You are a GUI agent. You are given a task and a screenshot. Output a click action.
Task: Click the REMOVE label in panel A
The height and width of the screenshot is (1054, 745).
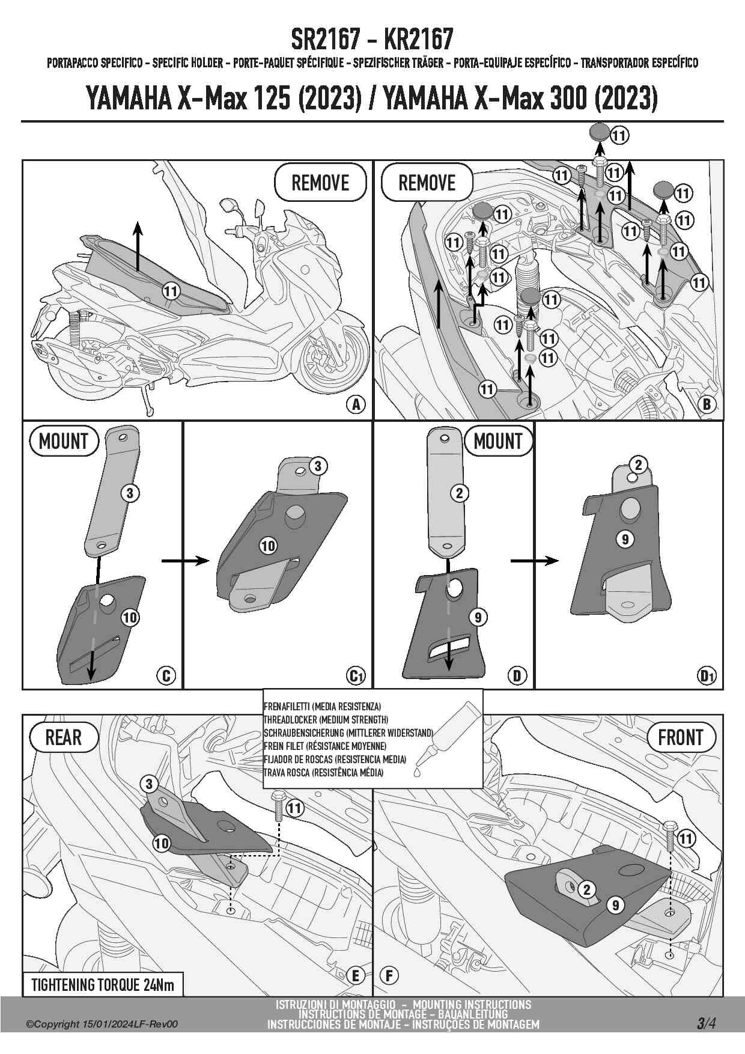coord(320,182)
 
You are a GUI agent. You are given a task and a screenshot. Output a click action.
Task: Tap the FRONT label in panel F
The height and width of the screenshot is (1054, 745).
coord(680,737)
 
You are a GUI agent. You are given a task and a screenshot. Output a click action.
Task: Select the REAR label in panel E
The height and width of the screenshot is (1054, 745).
coord(64,737)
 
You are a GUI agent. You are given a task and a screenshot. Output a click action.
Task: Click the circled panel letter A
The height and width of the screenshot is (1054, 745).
coord(356,404)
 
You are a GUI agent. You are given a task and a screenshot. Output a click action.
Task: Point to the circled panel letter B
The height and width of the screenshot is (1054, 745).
coord(707,404)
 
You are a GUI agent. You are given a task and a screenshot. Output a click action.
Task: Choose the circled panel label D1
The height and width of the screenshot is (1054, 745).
coord(707,676)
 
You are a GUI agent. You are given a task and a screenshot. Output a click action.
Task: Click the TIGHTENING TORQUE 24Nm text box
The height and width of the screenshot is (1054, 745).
coord(102,985)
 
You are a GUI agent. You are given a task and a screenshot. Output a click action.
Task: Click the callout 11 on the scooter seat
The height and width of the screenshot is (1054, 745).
coord(171,291)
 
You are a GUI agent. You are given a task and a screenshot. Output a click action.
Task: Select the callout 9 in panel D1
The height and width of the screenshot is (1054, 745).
coord(625,539)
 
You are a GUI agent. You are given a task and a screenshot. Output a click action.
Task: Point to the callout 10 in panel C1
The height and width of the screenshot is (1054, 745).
coord(268,546)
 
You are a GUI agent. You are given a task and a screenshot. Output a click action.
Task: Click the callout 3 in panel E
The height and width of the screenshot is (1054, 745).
coord(149,784)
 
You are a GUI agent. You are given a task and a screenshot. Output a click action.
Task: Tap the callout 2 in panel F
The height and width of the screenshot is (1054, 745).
coord(587,889)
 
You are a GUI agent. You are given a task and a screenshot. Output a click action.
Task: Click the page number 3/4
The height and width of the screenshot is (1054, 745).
coord(706,1023)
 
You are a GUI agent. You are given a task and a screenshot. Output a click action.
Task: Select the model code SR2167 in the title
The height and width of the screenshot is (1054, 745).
coord(324,40)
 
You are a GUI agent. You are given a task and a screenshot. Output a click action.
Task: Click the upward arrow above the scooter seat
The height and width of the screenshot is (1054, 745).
coord(138,246)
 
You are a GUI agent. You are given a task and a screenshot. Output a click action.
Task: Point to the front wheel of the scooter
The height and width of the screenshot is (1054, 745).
coord(334,358)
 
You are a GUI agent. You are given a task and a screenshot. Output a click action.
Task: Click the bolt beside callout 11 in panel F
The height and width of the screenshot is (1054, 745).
coord(670,834)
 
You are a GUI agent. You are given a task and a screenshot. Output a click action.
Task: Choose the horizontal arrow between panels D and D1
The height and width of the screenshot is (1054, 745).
coord(534,561)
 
